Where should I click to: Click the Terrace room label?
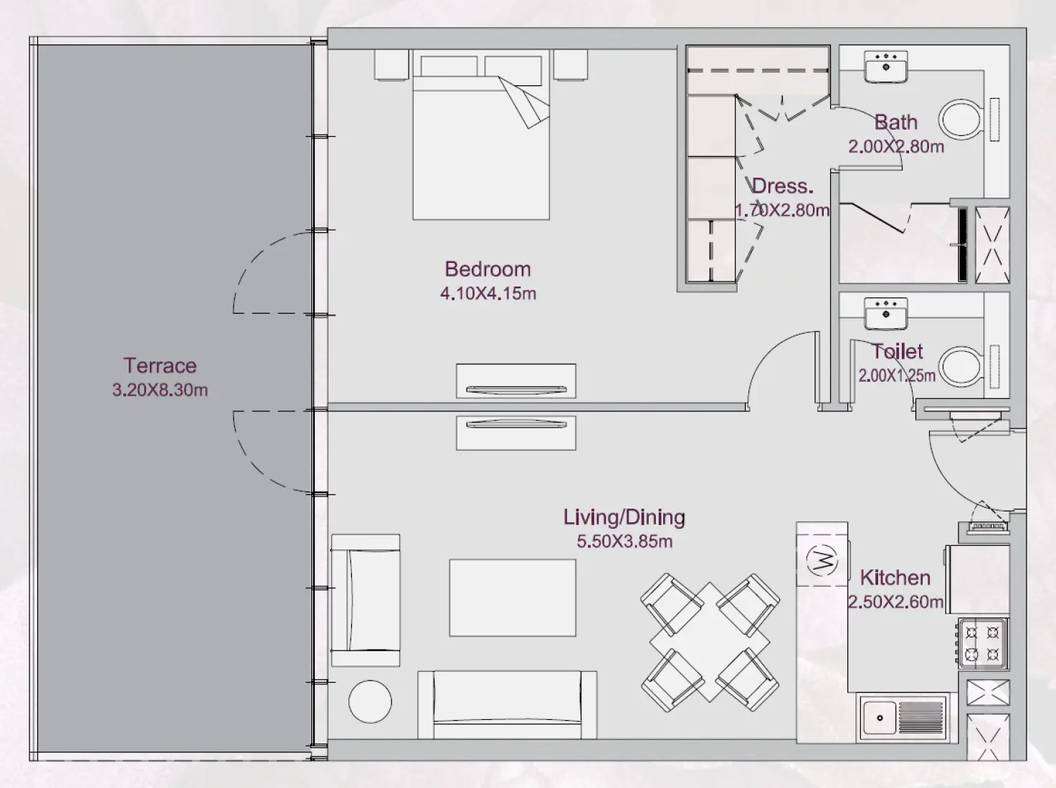(159, 365)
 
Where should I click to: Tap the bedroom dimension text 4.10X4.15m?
(487, 293)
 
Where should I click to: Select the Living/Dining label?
(624, 516)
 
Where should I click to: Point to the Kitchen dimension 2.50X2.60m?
(895, 602)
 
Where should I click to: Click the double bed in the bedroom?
(480, 143)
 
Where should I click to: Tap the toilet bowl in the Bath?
(961, 119)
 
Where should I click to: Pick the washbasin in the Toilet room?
(886, 313)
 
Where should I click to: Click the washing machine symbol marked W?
(822, 559)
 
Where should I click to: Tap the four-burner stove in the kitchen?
(982, 643)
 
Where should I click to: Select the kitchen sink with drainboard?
(903, 717)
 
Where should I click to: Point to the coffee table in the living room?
(512, 597)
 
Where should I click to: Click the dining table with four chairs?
(710, 642)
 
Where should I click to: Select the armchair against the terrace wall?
(365, 600)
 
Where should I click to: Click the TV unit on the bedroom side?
(515, 381)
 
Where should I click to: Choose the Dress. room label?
(782, 186)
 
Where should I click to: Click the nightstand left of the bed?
(392, 64)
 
